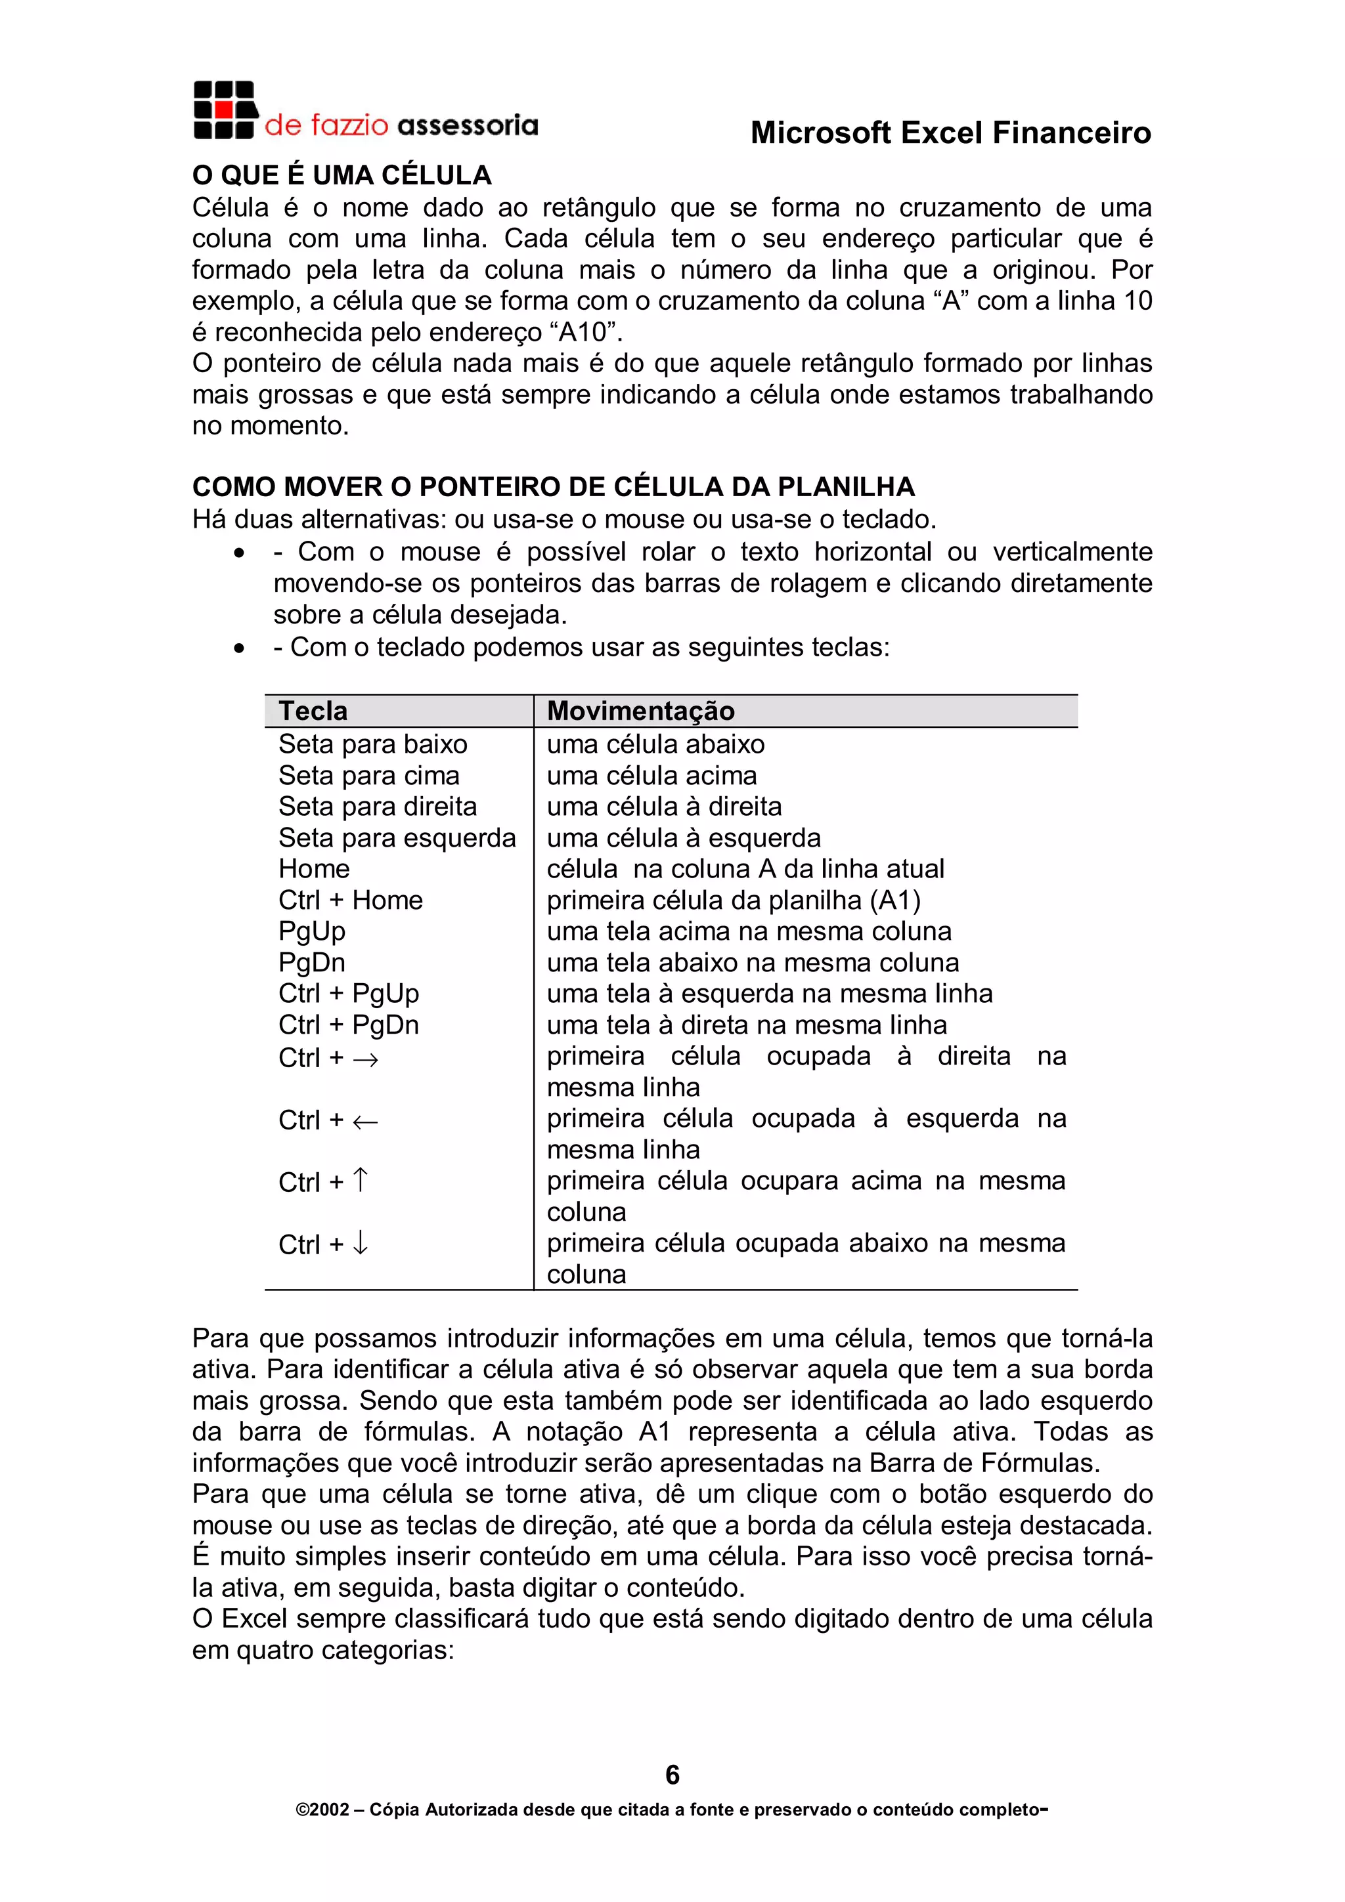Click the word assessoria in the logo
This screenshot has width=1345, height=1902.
[468, 125]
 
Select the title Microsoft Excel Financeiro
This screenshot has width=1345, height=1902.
[950, 133]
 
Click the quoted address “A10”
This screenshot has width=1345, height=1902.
[585, 332]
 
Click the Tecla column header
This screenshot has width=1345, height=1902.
[313, 711]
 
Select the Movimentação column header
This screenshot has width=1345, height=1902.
[640, 711]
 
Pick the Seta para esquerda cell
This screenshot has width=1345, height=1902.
[396, 837]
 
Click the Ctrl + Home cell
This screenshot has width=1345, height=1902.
[350, 900]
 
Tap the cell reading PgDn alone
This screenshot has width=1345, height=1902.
[311, 962]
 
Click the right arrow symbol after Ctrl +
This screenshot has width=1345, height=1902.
[365, 1059]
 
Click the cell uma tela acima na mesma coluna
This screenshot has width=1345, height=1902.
[748, 931]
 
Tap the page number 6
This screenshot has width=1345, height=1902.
[672, 1775]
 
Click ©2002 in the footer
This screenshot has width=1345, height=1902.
[322, 1810]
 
